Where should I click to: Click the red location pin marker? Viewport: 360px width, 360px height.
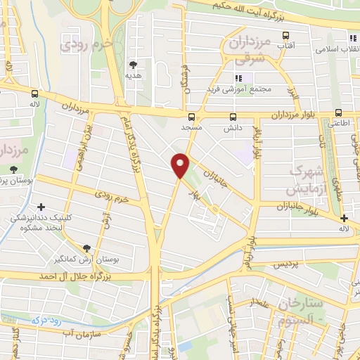pos(181,165)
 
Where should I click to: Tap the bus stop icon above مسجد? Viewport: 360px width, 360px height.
pos(192,117)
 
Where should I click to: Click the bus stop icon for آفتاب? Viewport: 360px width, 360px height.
pos(285,34)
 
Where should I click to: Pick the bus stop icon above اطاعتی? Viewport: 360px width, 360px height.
pos(338,112)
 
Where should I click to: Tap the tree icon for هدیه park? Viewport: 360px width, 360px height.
pos(132,65)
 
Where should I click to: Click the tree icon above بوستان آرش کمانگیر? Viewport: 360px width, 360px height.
pos(86,248)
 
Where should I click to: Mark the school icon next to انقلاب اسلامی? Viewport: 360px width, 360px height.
pos(352,37)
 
